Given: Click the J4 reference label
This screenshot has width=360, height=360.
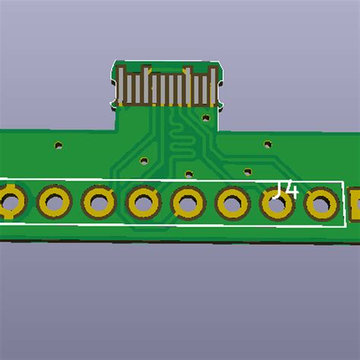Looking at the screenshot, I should pos(286,190).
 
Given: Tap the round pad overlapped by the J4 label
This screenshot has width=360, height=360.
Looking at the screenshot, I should pos(277,203).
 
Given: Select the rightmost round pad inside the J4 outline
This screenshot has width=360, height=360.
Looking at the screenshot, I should pos(321,204).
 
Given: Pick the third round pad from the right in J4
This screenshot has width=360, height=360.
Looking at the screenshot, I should pos(232,203).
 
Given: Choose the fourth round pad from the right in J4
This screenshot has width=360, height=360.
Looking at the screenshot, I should pos(188,203).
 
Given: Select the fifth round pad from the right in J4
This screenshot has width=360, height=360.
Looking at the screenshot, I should pos(144,203).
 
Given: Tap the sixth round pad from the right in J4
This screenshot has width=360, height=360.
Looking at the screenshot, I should pos(99,203).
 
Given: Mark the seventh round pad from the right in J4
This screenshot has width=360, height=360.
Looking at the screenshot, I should pos(54,203).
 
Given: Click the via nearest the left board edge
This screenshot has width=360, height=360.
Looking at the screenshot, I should pos(58,144).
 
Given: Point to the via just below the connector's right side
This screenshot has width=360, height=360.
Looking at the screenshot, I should pos(205,118).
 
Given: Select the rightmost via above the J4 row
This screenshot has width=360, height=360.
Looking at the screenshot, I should pos(267,144).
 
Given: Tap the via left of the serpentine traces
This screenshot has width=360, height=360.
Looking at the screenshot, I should pos(144,160).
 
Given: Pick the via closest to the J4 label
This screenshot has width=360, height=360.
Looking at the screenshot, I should pos(247,171).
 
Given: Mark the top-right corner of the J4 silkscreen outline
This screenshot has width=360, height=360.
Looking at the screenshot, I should pos(341,183).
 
